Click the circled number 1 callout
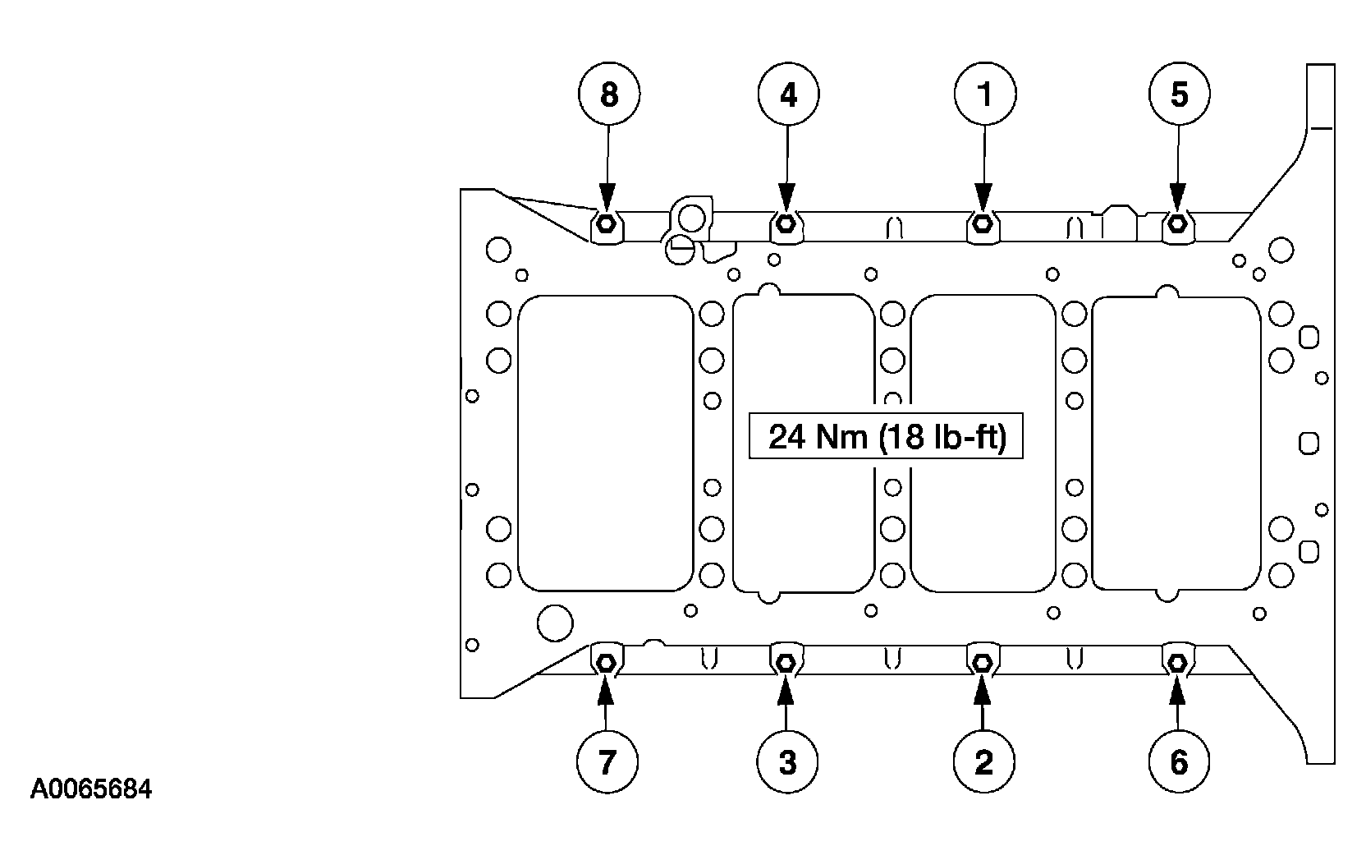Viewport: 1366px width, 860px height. [985, 94]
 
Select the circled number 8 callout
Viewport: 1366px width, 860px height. [609, 94]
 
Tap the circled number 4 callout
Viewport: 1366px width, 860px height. [789, 94]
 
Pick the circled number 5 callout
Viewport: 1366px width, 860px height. [1180, 94]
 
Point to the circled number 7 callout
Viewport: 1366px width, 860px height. [607, 761]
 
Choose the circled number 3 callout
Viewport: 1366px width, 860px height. [787, 761]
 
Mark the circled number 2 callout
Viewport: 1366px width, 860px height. [983, 761]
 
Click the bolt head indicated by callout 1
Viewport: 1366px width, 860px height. [982, 224]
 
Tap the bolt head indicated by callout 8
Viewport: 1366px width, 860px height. [606, 224]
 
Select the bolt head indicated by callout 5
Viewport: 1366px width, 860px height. [1177, 224]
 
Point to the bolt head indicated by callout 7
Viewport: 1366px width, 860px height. [606, 662]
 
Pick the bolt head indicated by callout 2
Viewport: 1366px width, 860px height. [982, 662]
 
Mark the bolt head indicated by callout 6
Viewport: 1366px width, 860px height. [1177, 662]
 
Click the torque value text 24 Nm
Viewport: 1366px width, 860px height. [818, 437]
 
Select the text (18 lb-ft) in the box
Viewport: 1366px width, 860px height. [942, 438]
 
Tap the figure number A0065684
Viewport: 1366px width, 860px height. [91, 789]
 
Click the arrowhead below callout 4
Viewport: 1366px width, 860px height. [786, 199]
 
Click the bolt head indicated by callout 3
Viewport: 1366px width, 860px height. [786, 662]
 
